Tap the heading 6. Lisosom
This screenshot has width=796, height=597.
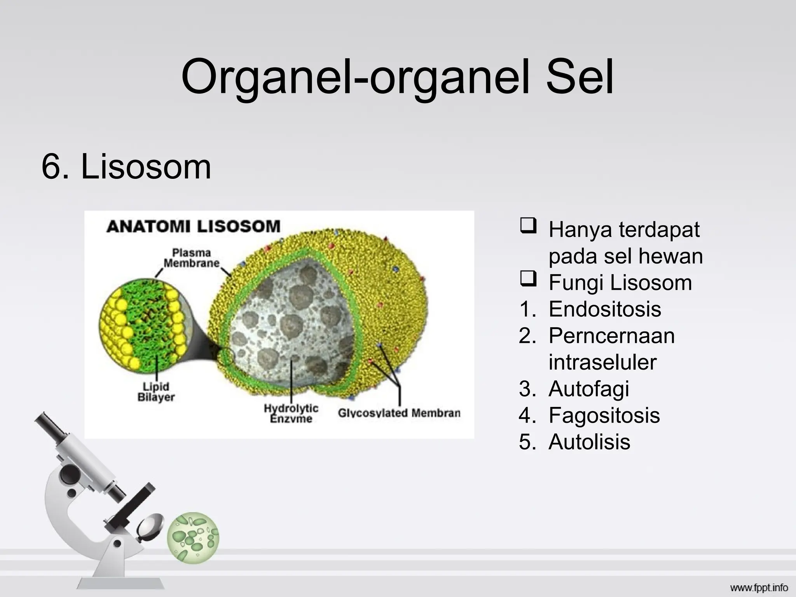pos(126,167)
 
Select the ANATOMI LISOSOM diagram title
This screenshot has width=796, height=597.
pos(193,226)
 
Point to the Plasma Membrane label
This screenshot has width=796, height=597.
pos(191,258)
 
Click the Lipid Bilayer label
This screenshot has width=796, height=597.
pos(156,392)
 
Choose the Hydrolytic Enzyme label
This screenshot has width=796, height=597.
pos(291,413)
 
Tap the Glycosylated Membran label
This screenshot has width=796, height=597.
pos(399,413)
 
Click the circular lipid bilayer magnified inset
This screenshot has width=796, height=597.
pos(142,323)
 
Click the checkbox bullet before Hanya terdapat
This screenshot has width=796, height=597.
pos(528,226)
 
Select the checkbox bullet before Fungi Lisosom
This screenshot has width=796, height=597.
pos(528,279)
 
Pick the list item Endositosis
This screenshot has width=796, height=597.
pos(604,309)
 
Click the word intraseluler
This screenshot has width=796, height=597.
pos(602,362)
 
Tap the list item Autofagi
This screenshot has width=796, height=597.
pos(588,389)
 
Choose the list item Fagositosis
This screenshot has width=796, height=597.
pos(604,415)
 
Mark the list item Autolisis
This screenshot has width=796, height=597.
pos(589,442)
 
